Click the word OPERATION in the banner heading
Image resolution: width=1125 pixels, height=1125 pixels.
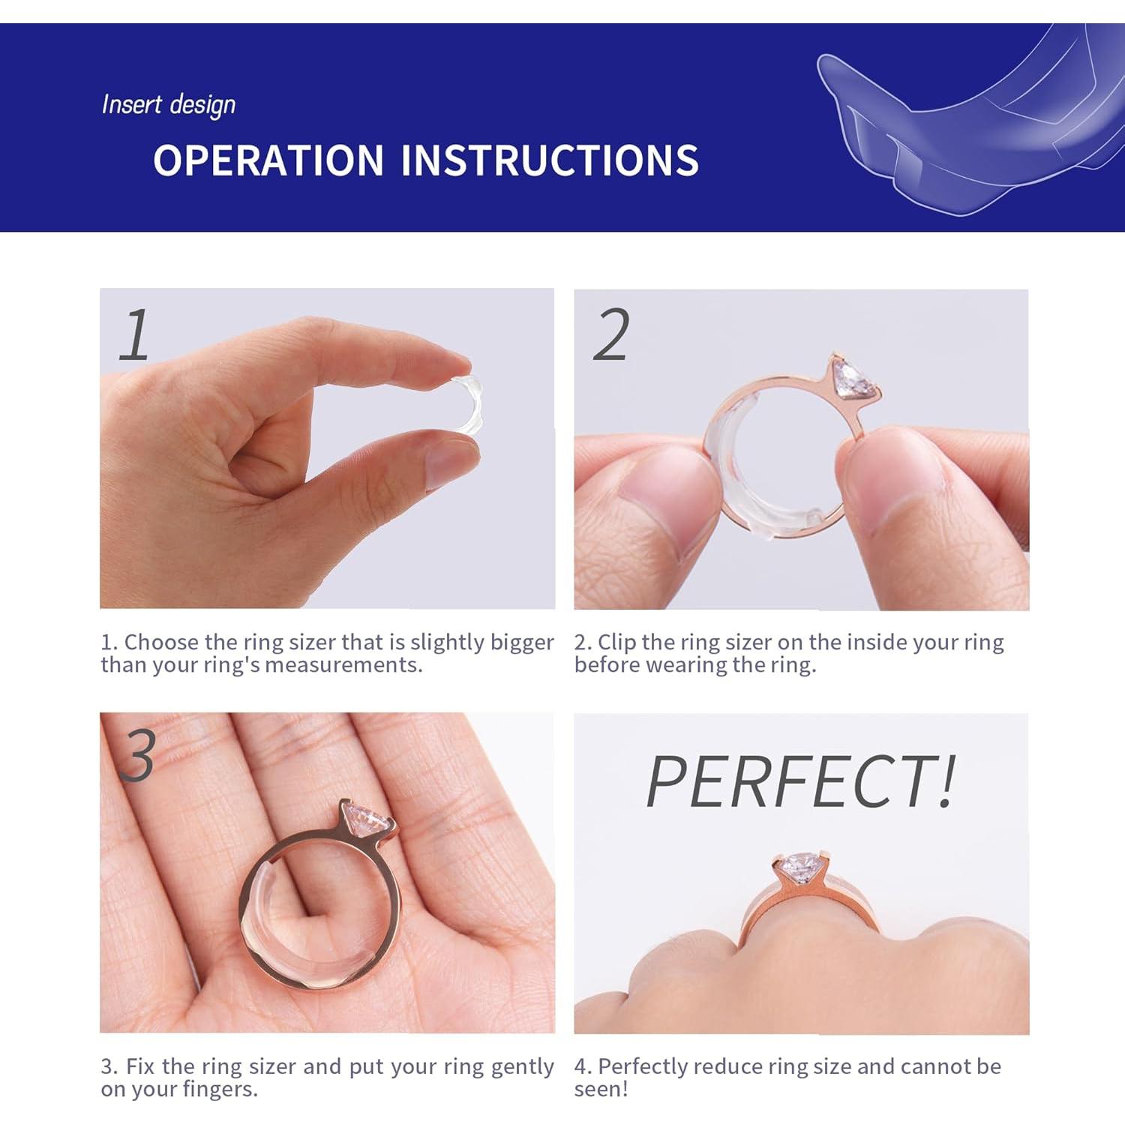tap(268, 160)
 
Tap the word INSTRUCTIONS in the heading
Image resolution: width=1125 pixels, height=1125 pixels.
tap(549, 160)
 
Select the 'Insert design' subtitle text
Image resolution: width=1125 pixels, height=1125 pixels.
tap(169, 105)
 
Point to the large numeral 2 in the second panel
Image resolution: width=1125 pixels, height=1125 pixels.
tap(611, 336)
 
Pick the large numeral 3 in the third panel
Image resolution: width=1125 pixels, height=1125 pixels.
tap(138, 755)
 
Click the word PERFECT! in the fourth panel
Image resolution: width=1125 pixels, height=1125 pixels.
tap(801, 781)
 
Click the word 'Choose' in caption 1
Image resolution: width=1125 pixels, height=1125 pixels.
tap(160, 642)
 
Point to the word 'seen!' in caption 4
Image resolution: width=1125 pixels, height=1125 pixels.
tap(601, 1089)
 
